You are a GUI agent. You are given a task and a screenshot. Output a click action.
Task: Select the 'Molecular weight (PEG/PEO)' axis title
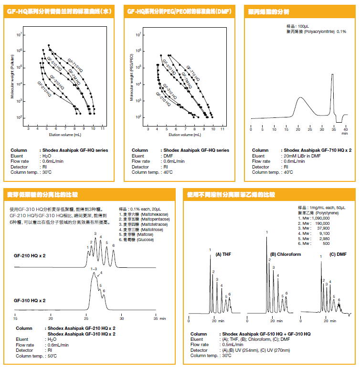132,76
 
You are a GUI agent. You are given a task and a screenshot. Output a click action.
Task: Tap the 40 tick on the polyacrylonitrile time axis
346,129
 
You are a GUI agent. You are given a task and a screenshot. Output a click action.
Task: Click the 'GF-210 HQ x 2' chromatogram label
30,255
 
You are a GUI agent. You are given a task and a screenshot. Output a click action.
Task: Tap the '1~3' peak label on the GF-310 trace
94,269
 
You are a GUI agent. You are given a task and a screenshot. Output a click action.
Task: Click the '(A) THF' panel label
224,254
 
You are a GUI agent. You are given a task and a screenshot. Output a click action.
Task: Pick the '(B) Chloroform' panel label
286,254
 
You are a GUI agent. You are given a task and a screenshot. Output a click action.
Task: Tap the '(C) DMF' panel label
338,254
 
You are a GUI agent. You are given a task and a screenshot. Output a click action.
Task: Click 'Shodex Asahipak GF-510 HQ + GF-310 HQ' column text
265,334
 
